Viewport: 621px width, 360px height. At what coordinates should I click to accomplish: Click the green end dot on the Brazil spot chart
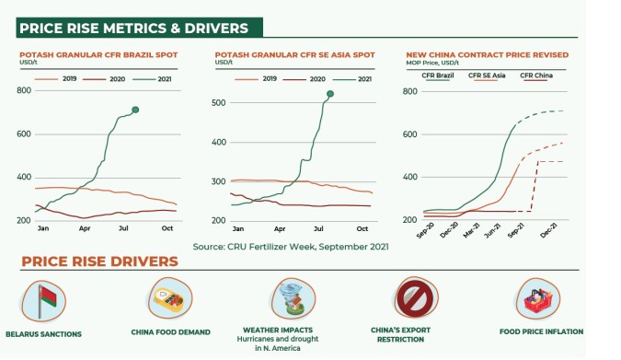point(135,110)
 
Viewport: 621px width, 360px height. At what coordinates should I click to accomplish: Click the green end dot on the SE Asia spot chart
point(330,94)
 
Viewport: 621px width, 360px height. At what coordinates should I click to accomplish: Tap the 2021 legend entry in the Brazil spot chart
point(152,79)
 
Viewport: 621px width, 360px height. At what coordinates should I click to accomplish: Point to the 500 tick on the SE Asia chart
point(218,103)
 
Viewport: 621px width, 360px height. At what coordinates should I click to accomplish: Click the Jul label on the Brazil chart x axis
point(123,228)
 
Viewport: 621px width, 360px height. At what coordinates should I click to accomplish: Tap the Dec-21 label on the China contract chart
point(549,229)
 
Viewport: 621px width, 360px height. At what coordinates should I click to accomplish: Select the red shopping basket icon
point(537,299)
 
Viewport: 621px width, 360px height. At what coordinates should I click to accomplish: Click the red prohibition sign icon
point(415,297)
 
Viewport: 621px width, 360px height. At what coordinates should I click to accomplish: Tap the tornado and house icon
point(293,298)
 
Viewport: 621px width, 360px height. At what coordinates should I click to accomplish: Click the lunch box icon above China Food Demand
point(169,297)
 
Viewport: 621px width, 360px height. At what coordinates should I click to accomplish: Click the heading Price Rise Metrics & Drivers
point(134,29)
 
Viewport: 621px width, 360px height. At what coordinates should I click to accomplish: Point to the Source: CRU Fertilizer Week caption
point(291,247)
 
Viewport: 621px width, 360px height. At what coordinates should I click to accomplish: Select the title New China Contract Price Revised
point(487,54)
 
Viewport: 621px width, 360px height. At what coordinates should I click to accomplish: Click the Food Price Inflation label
point(541,331)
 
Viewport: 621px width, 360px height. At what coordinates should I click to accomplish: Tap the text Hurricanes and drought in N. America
point(278,343)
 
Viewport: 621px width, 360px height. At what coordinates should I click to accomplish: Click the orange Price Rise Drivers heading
point(99,261)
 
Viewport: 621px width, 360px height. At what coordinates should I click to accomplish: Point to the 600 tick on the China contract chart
point(409,134)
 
